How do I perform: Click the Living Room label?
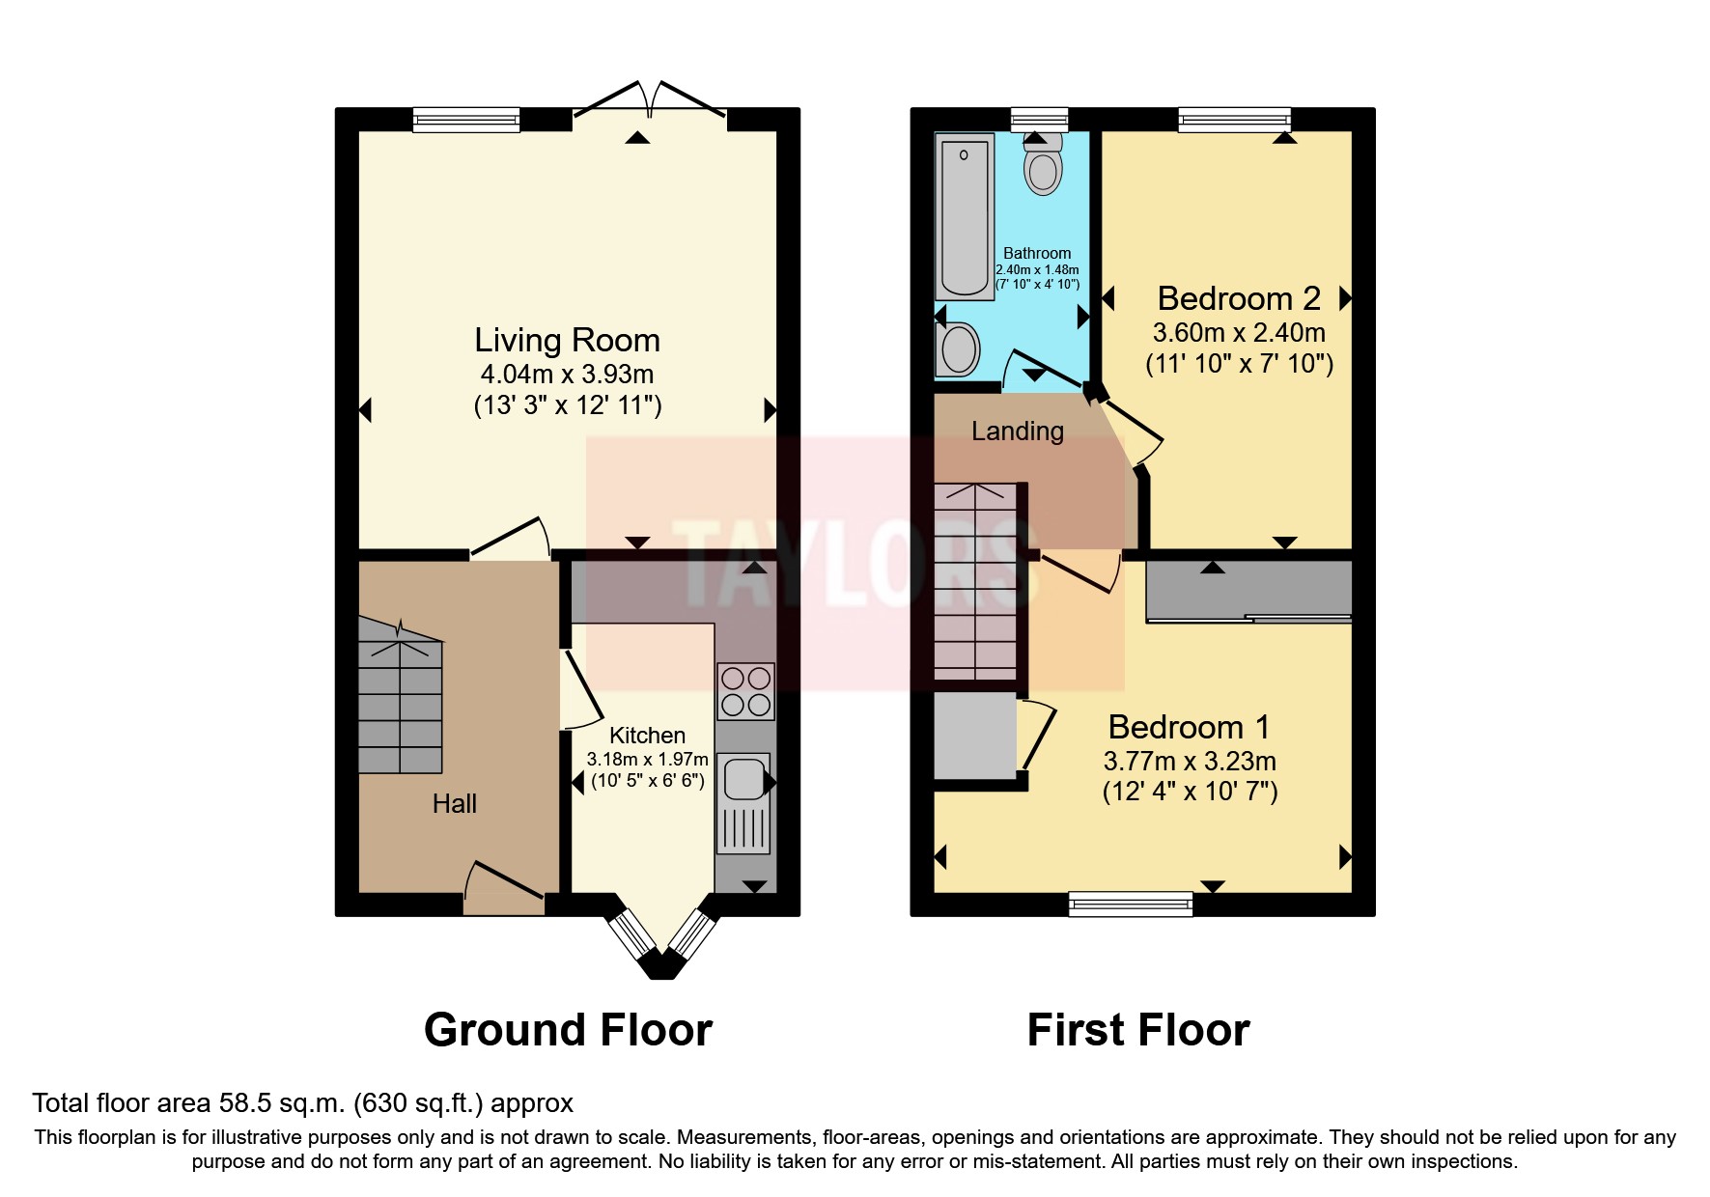[567, 340]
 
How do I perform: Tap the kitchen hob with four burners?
[745, 691]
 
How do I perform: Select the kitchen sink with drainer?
[744, 801]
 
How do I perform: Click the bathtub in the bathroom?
[965, 216]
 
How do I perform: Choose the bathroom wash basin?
[959, 348]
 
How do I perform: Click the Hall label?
[454, 803]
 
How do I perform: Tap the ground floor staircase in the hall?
[401, 695]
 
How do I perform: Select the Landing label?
[1017, 431]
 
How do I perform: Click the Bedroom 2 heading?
[1238, 298]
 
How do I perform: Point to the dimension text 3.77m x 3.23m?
[1190, 761]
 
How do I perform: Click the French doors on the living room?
[650, 104]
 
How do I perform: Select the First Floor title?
[1137, 1030]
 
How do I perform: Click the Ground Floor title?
[568, 1030]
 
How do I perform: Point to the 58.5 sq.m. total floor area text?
[302, 1103]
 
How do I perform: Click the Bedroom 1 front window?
[1130, 904]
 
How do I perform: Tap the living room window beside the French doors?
[466, 120]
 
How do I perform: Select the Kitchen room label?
[647, 735]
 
